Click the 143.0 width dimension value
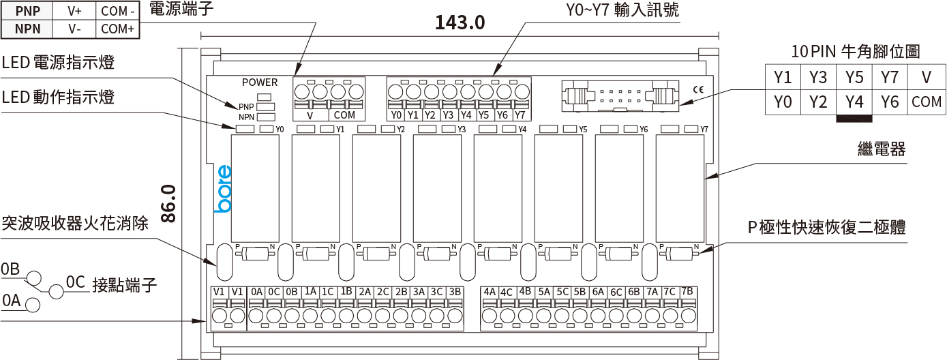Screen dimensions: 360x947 click(460, 22)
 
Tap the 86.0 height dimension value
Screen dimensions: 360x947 click(168, 203)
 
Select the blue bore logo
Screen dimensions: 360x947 click(223, 189)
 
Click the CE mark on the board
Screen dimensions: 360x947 click(697, 88)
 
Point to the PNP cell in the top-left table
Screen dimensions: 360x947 click(28, 12)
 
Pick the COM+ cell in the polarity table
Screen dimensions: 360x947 click(117, 29)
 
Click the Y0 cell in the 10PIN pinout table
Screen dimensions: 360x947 click(783, 102)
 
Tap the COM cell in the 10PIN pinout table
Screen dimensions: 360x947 click(926, 102)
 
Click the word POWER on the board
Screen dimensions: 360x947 click(260, 82)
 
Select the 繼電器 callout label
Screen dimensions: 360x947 click(880, 149)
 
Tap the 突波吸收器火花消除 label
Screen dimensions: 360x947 click(75, 223)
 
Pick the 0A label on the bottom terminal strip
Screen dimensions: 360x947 click(256, 292)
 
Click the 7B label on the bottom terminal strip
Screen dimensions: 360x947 click(687, 292)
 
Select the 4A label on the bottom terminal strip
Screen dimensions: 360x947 click(490, 292)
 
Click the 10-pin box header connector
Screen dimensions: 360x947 click(620, 95)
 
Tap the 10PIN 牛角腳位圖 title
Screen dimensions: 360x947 click(856, 51)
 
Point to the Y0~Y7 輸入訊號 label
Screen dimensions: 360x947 click(622, 11)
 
